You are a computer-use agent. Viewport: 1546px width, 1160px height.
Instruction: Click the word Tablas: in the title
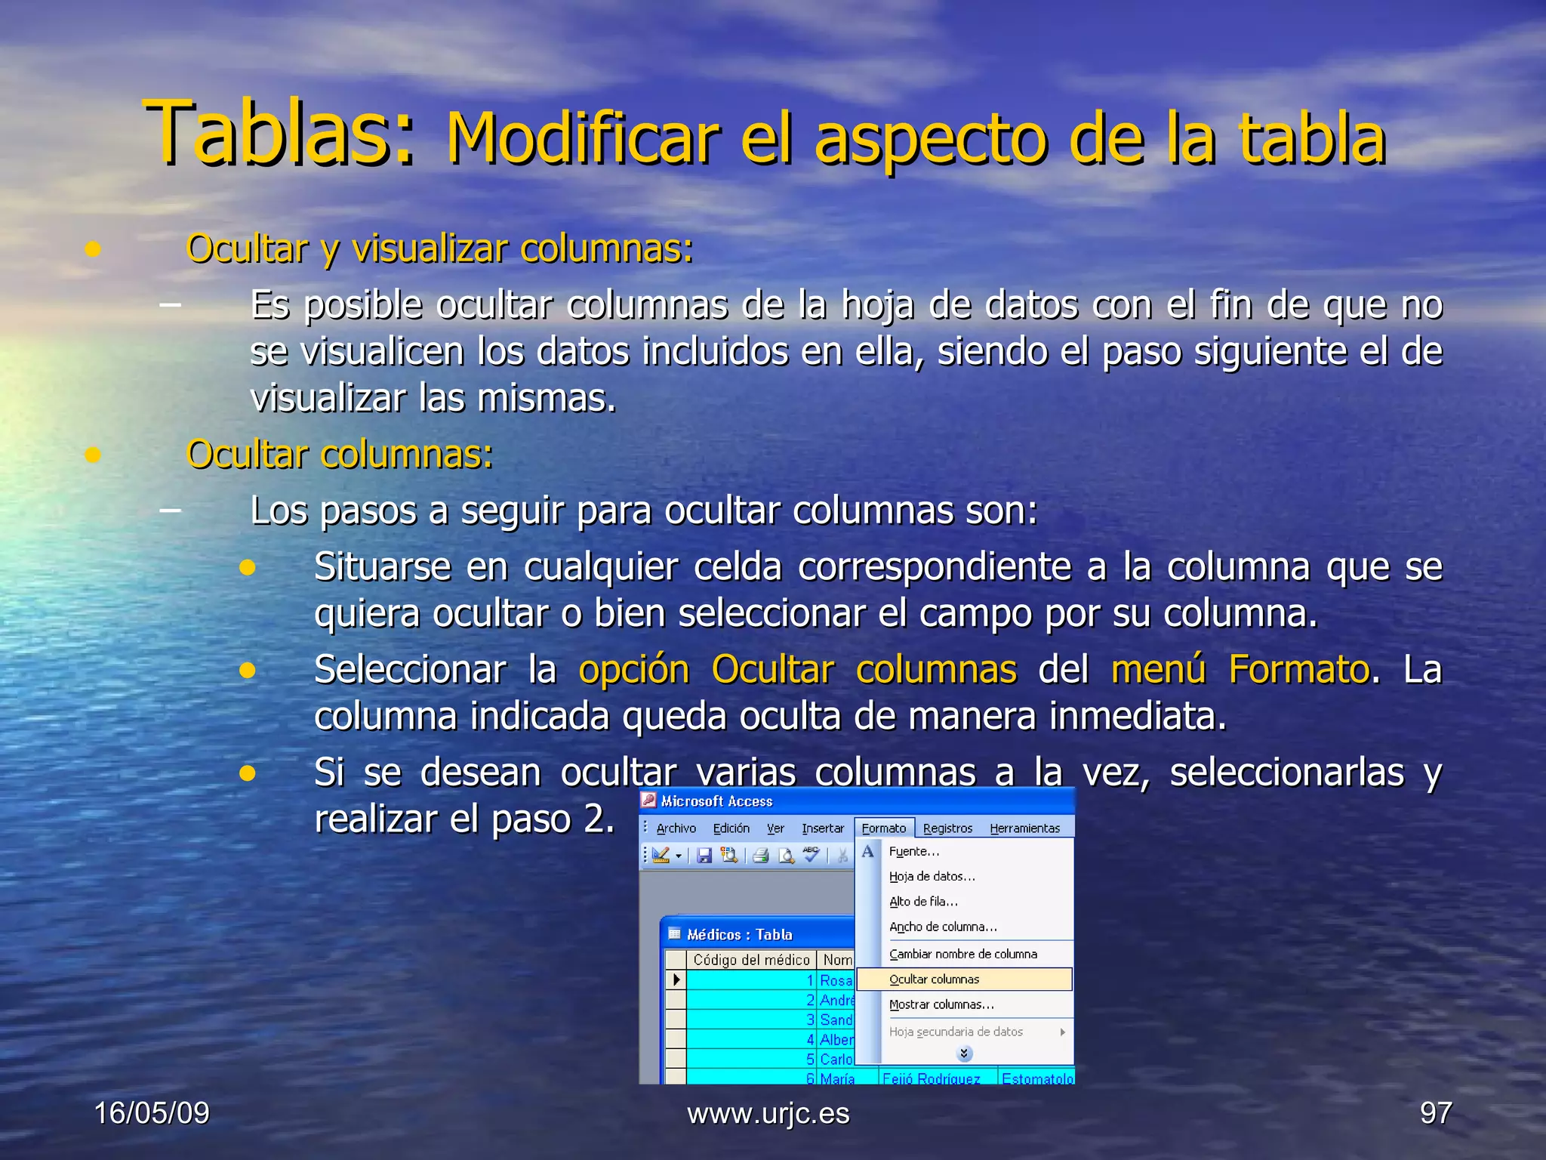click(x=279, y=134)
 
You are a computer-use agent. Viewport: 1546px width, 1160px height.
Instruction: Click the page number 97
click(x=1435, y=1113)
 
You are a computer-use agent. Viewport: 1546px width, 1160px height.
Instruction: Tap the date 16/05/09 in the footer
click(x=152, y=1113)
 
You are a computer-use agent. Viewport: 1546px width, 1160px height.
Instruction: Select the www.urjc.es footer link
click(x=768, y=1113)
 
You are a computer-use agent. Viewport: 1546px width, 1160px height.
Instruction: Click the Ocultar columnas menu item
click(x=934, y=980)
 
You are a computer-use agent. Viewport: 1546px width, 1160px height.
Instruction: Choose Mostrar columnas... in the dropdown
click(x=941, y=1004)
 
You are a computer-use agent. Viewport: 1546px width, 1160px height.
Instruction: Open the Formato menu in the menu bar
click(x=884, y=828)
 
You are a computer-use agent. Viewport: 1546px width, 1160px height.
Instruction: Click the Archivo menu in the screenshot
click(x=676, y=828)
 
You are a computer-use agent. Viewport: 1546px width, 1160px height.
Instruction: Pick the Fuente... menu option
click(x=913, y=851)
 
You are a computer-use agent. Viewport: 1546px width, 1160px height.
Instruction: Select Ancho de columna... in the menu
click(x=943, y=927)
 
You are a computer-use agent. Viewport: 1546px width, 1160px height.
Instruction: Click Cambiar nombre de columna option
click(x=962, y=954)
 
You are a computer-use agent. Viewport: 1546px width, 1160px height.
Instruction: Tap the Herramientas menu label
click(x=1024, y=828)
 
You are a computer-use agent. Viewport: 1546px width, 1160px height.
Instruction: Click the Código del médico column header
click(x=751, y=960)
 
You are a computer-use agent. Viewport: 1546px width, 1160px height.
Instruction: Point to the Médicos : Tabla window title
click(x=739, y=935)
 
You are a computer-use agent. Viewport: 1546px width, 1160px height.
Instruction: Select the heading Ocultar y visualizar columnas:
click(x=439, y=248)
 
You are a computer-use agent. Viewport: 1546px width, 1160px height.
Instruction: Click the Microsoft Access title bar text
click(x=716, y=801)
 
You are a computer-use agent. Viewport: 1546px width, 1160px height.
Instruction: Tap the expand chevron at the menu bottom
click(x=964, y=1053)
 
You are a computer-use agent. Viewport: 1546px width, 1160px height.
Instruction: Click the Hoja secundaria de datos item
click(x=956, y=1032)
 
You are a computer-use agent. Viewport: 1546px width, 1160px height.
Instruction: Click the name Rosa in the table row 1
click(x=836, y=980)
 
